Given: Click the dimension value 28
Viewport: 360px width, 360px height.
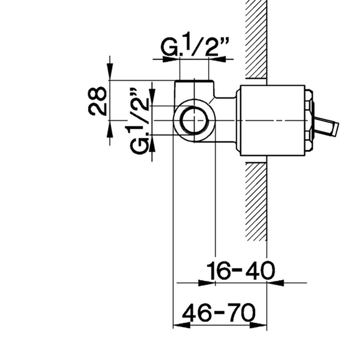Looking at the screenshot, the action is click(97, 101).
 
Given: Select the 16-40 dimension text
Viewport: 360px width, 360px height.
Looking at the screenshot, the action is click(241, 270).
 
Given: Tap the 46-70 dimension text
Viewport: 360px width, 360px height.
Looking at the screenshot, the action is click(219, 312).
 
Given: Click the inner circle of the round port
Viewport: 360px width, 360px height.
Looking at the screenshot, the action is click(195, 120).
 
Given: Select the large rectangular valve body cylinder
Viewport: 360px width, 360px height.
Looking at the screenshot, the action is click(273, 120).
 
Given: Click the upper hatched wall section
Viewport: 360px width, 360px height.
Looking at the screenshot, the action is click(256, 39).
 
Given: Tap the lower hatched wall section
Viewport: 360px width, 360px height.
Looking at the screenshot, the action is click(256, 202).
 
